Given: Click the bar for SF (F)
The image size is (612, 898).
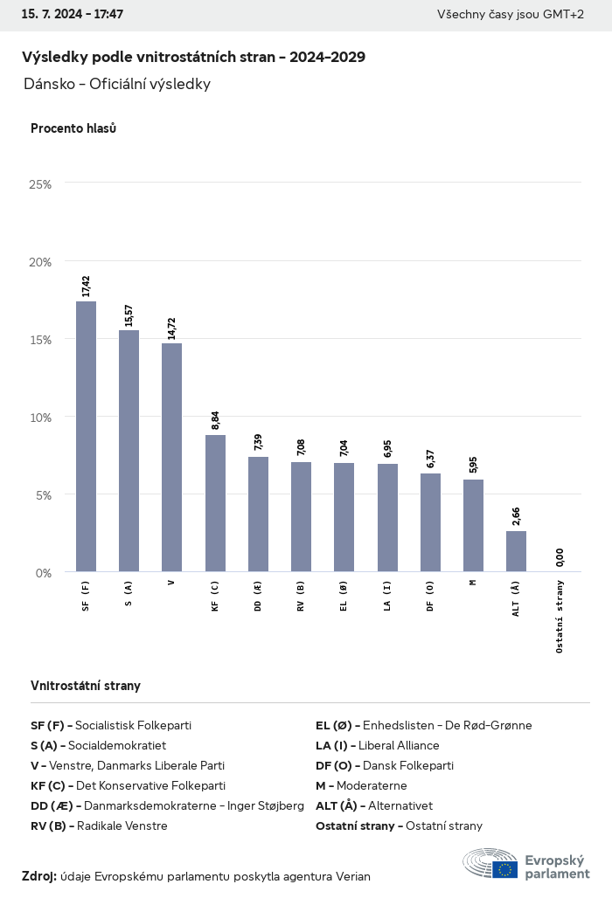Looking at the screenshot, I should pyautogui.click(x=86, y=437).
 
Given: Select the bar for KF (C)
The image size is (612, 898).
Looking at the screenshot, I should pyautogui.click(x=215, y=503).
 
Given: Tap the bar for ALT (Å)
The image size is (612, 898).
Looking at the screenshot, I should pyautogui.click(x=516, y=551).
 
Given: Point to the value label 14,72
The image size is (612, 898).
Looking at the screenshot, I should pyautogui.click(x=171, y=328).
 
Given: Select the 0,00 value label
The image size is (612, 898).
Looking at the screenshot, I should pyautogui.click(x=560, y=556).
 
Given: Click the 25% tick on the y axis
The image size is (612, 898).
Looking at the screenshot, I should pyautogui.click(x=40, y=184).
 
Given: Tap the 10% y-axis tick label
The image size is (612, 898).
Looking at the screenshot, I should pyautogui.click(x=40, y=418).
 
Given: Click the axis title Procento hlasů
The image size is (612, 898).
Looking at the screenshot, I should pyautogui.click(x=73, y=128).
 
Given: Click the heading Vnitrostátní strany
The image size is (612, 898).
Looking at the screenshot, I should pyautogui.click(x=86, y=686).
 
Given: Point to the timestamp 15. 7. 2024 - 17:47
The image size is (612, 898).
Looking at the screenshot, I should pyautogui.click(x=72, y=15).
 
